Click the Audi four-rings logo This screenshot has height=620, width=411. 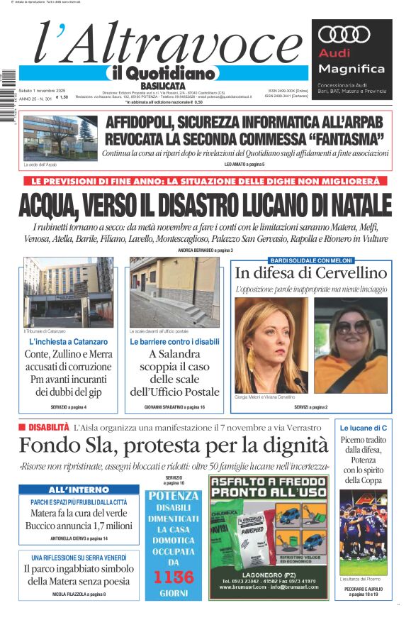pyautogui.click(x=351, y=35)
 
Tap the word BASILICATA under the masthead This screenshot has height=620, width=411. pyautogui.click(x=168, y=86)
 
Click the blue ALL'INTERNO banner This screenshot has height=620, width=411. pyautogui.click(x=79, y=490)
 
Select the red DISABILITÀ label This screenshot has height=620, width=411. pyautogui.click(x=44, y=427)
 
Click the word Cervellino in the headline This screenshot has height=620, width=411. pyautogui.click(x=351, y=273)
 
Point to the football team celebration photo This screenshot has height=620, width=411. pyautogui.click(x=363, y=532)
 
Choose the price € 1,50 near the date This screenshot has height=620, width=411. pyautogui.click(x=62, y=97)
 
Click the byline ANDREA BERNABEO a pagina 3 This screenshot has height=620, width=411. pyautogui.click(x=205, y=250)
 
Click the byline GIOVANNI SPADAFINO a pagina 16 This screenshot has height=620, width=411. pyautogui.click(x=174, y=407)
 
